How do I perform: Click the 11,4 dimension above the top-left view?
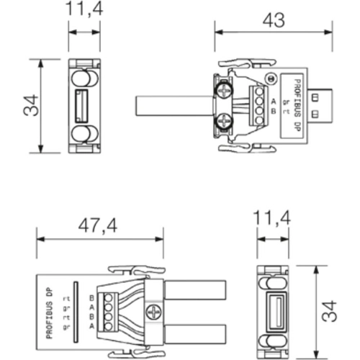pyautogui.click(x=84, y=9)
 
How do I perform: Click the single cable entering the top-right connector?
pyautogui.click(x=173, y=106)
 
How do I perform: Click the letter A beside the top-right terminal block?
pyautogui.click(x=273, y=99)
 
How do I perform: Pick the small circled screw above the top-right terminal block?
pyautogui.click(x=271, y=78)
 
